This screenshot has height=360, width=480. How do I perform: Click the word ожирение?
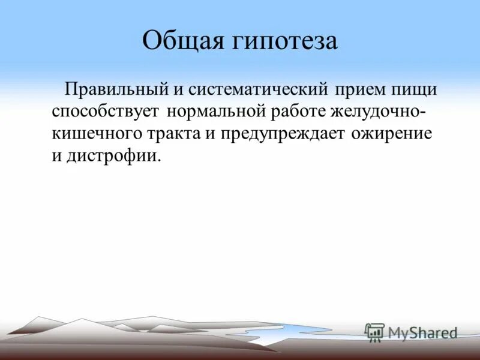click(393, 133)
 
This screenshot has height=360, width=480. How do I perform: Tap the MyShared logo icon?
click(374, 332)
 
